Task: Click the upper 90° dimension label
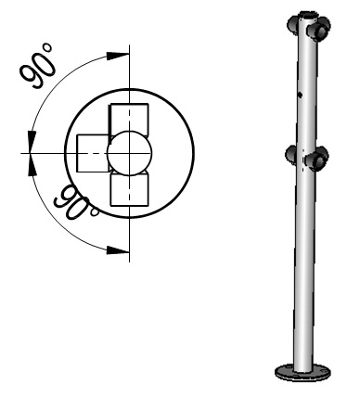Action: (38, 66)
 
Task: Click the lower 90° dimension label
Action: (76, 203)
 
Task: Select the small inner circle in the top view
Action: (130, 153)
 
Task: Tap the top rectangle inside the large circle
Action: (129, 120)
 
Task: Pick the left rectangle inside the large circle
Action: (93, 153)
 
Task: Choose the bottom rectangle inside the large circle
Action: (129, 189)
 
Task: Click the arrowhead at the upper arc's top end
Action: (118, 56)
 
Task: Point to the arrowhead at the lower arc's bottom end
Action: (118, 249)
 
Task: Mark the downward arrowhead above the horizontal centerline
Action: (32, 142)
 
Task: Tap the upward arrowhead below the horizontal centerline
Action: (32, 164)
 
